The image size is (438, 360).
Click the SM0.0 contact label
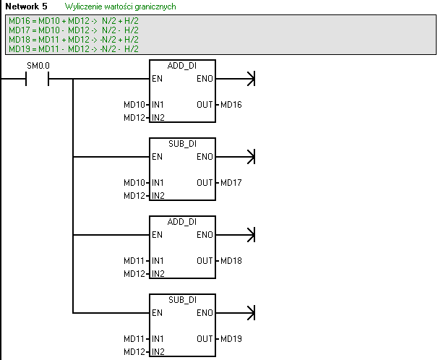pyautogui.click(x=38, y=67)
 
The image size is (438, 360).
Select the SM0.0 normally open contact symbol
pyautogui.click(x=38, y=79)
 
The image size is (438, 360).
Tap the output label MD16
pyautogui.click(x=231, y=106)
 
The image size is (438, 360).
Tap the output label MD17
pyautogui.click(x=231, y=183)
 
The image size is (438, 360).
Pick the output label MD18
pyautogui.click(x=231, y=261)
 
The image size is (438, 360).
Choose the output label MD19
pyautogui.click(x=231, y=339)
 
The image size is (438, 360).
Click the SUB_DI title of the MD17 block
pyautogui.click(x=182, y=144)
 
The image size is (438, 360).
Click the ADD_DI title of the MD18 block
pyautogui.click(x=182, y=222)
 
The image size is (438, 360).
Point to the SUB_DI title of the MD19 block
pyautogui.click(x=182, y=300)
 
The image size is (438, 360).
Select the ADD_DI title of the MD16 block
pyautogui.click(x=182, y=66)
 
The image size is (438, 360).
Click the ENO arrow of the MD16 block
pyautogui.click(x=250, y=79)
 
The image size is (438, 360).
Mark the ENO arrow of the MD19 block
pyautogui.click(x=250, y=313)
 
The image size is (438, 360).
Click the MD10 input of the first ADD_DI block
pyautogui.click(x=135, y=106)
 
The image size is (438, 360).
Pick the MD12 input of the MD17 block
pyautogui.click(x=135, y=195)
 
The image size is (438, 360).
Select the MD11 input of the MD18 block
pyautogui.click(x=135, y=261)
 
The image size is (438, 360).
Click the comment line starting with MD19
pyautogui.click(x=73, y=48)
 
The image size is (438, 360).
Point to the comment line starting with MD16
pyautogui.click(x=73, y=21)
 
